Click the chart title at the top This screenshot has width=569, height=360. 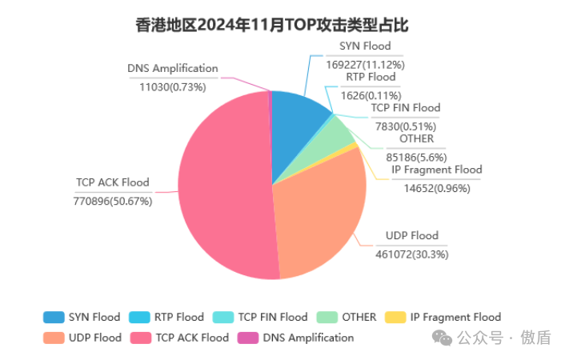pos(272,26)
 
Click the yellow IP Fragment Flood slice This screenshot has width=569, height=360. pos(355,146)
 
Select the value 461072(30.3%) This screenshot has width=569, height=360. pos(412,254)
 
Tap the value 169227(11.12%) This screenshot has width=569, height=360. pos(365,64)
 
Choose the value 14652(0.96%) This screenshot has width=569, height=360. pos(436,188)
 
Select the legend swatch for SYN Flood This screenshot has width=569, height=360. pos(53,317)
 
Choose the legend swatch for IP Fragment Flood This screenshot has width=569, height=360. pos(395,317)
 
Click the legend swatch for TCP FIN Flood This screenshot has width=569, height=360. pos(222,317)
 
